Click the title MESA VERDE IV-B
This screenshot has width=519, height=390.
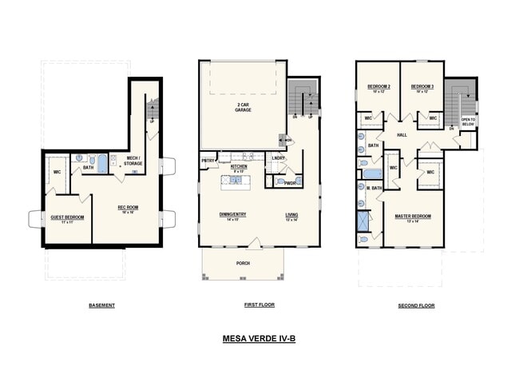pos(259,339)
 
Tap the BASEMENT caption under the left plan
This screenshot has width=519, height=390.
pos(101,305)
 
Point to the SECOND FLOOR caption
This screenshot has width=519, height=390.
pos(416,305)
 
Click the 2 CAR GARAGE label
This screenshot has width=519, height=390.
pos(244,107)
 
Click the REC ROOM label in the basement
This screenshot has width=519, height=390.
pos(129,209)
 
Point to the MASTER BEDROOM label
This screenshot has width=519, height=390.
pos(414,217)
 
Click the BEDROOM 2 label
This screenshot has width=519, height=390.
pos(378,88)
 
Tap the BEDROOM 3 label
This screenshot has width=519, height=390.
pos(422,88)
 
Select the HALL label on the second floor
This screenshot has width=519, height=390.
pos(402,135)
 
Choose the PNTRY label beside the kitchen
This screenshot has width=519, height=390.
pos(208,161)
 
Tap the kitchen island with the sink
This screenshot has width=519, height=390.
pos(236,181)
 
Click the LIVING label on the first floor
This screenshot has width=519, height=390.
pos(291,215)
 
